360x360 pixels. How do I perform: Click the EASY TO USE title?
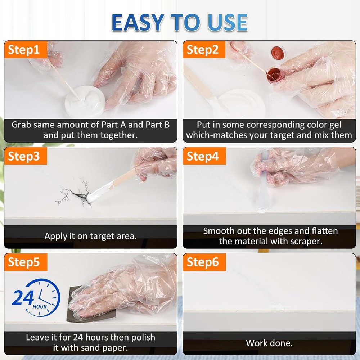(x=180, y=22)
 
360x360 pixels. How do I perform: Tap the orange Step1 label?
(x=26, y=49)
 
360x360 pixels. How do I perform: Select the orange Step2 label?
(x=204, y=49)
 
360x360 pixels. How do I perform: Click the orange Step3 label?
(x=26, y=156)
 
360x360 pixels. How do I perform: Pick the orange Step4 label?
(x=204, y=156)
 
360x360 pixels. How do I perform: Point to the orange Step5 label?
(x=26, y=262)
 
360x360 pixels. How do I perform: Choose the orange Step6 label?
(x=204, y=262)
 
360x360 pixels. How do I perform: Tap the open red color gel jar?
(x=275, y=75)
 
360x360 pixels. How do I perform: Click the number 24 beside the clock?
(x=23, y=298)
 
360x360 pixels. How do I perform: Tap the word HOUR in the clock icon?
(x=40, y=307)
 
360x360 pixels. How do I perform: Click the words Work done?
(x=269, y=343)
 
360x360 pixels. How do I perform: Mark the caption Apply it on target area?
(x=90, y=236)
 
